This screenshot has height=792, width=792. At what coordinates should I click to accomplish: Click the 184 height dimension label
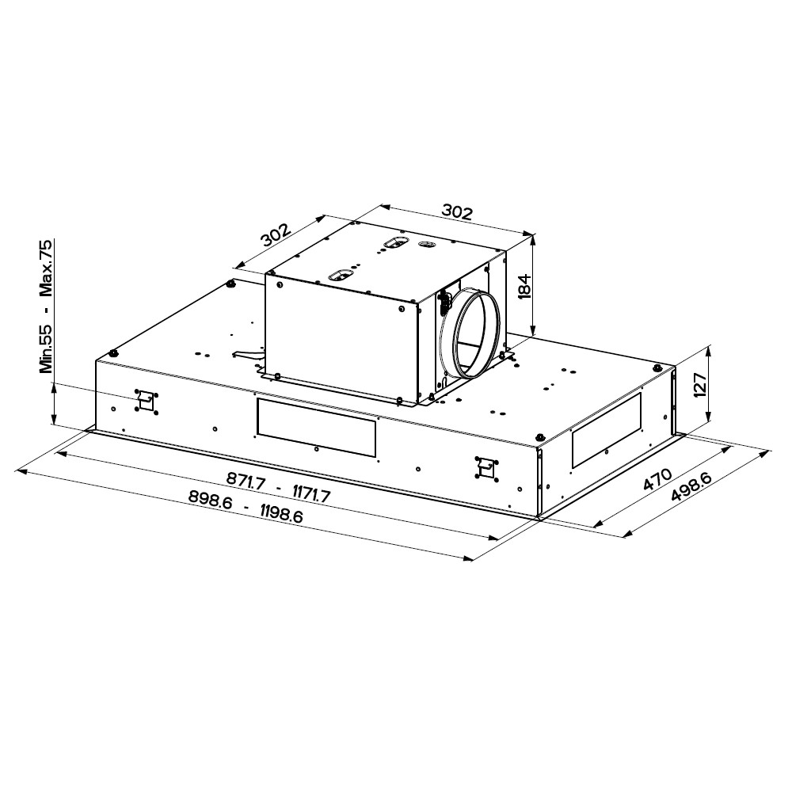point(525,286)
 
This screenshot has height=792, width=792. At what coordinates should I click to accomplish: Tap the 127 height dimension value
point(699,385)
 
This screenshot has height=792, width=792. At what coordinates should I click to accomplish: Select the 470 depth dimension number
point(657,479)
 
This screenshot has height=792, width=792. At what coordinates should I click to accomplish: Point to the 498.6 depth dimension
point(691,487)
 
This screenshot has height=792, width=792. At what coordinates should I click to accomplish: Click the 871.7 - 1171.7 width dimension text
point(278,487)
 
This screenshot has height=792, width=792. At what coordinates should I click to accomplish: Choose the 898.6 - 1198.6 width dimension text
point(246,507)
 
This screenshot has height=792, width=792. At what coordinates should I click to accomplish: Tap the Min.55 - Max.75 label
point(46,307)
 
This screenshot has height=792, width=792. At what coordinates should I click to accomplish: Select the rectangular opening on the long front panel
point(316,428)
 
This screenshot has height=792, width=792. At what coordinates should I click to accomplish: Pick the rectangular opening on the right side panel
point(606,429)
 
